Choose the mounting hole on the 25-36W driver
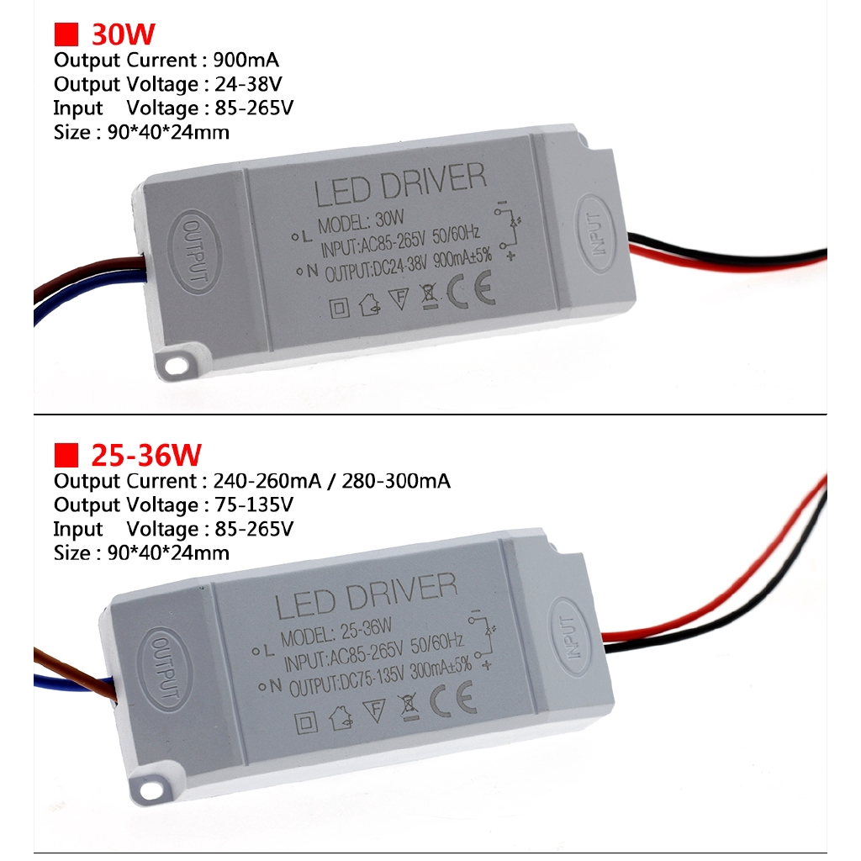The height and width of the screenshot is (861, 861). pos(153,788)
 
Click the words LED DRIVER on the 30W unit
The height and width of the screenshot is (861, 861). pos(400,187)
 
